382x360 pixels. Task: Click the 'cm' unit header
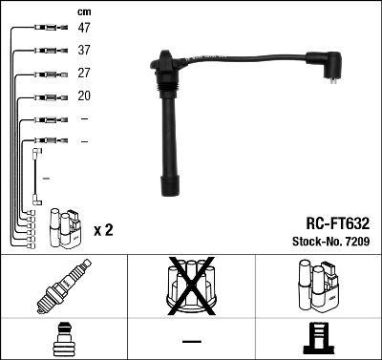[x=84, y=11]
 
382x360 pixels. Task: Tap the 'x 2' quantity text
[x=104, y=231]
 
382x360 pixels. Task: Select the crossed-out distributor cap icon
[x=191, y=287]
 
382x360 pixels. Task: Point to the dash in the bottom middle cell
[x=191, y=340]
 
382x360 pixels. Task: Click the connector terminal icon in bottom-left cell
[x=63, y=339]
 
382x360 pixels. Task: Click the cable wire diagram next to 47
[x=44, y=28]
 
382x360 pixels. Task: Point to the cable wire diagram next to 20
[x=44, y=96]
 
